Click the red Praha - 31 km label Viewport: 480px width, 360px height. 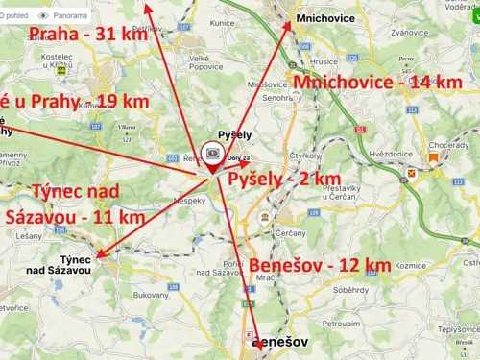click(87, 35)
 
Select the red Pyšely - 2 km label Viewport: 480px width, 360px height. click(284, 179)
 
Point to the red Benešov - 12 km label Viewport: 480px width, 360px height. click(320, 264)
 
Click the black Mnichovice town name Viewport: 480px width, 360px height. click(325, 18)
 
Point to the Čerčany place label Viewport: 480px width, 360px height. click(290, 232)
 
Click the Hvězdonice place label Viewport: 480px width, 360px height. click(391, 153)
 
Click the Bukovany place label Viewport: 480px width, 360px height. click(151, 296)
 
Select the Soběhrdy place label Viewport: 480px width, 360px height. click(350, 289)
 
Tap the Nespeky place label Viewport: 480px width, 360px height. click(190, 200)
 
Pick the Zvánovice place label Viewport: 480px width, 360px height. click(382, 32)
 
